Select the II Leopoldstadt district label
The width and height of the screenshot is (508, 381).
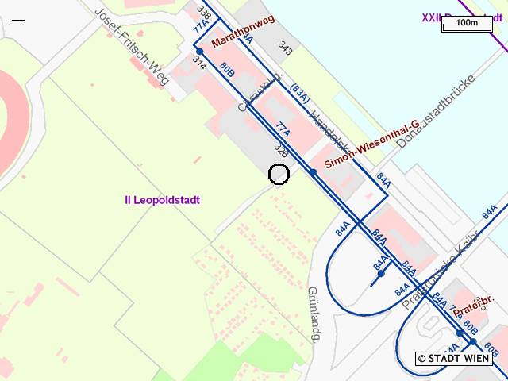point(162,200)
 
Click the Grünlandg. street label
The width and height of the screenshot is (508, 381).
point(313,314)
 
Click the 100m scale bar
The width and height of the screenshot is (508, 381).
point(468,23)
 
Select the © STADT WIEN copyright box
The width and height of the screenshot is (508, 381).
point(454,359)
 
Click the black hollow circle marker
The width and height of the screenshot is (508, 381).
point(279,175)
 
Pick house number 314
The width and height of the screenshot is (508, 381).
point(199,64)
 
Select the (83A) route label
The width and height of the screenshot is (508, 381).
point(300,93)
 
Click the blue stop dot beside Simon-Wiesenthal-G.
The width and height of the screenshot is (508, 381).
point(314,172)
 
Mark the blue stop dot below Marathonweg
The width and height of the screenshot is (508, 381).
point(200,52)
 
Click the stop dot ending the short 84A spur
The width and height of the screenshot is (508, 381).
point(381,274)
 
